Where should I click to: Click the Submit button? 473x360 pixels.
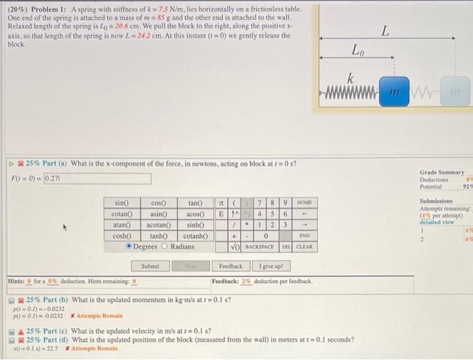tap(151, 266)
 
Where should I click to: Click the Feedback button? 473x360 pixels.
tap(231, 266)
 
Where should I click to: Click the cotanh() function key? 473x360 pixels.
tap(195, 236)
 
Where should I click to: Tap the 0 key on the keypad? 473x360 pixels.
tap(267, 236)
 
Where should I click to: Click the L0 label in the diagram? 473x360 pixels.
tap(358, 51)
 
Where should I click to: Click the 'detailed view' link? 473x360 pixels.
tap(437, 222)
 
